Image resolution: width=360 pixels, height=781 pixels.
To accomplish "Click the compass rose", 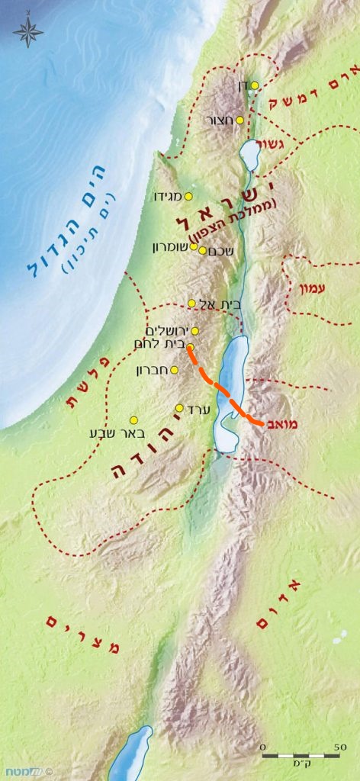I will click(28, 31).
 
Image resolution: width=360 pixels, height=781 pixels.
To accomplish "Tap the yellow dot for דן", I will click(255, 85).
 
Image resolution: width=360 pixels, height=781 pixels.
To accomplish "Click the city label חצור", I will click(220, 121).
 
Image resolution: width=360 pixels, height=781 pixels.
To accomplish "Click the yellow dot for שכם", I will click(202, 250).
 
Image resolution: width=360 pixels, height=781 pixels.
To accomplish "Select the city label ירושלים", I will click(166, 330).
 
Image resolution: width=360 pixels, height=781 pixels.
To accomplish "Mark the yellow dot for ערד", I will click(180, 408).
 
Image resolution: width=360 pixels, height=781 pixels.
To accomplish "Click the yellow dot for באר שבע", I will click(133, 420).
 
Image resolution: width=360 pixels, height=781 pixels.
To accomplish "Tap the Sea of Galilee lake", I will click(249, 155).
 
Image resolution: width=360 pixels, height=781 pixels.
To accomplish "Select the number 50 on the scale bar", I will click(339, 747).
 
